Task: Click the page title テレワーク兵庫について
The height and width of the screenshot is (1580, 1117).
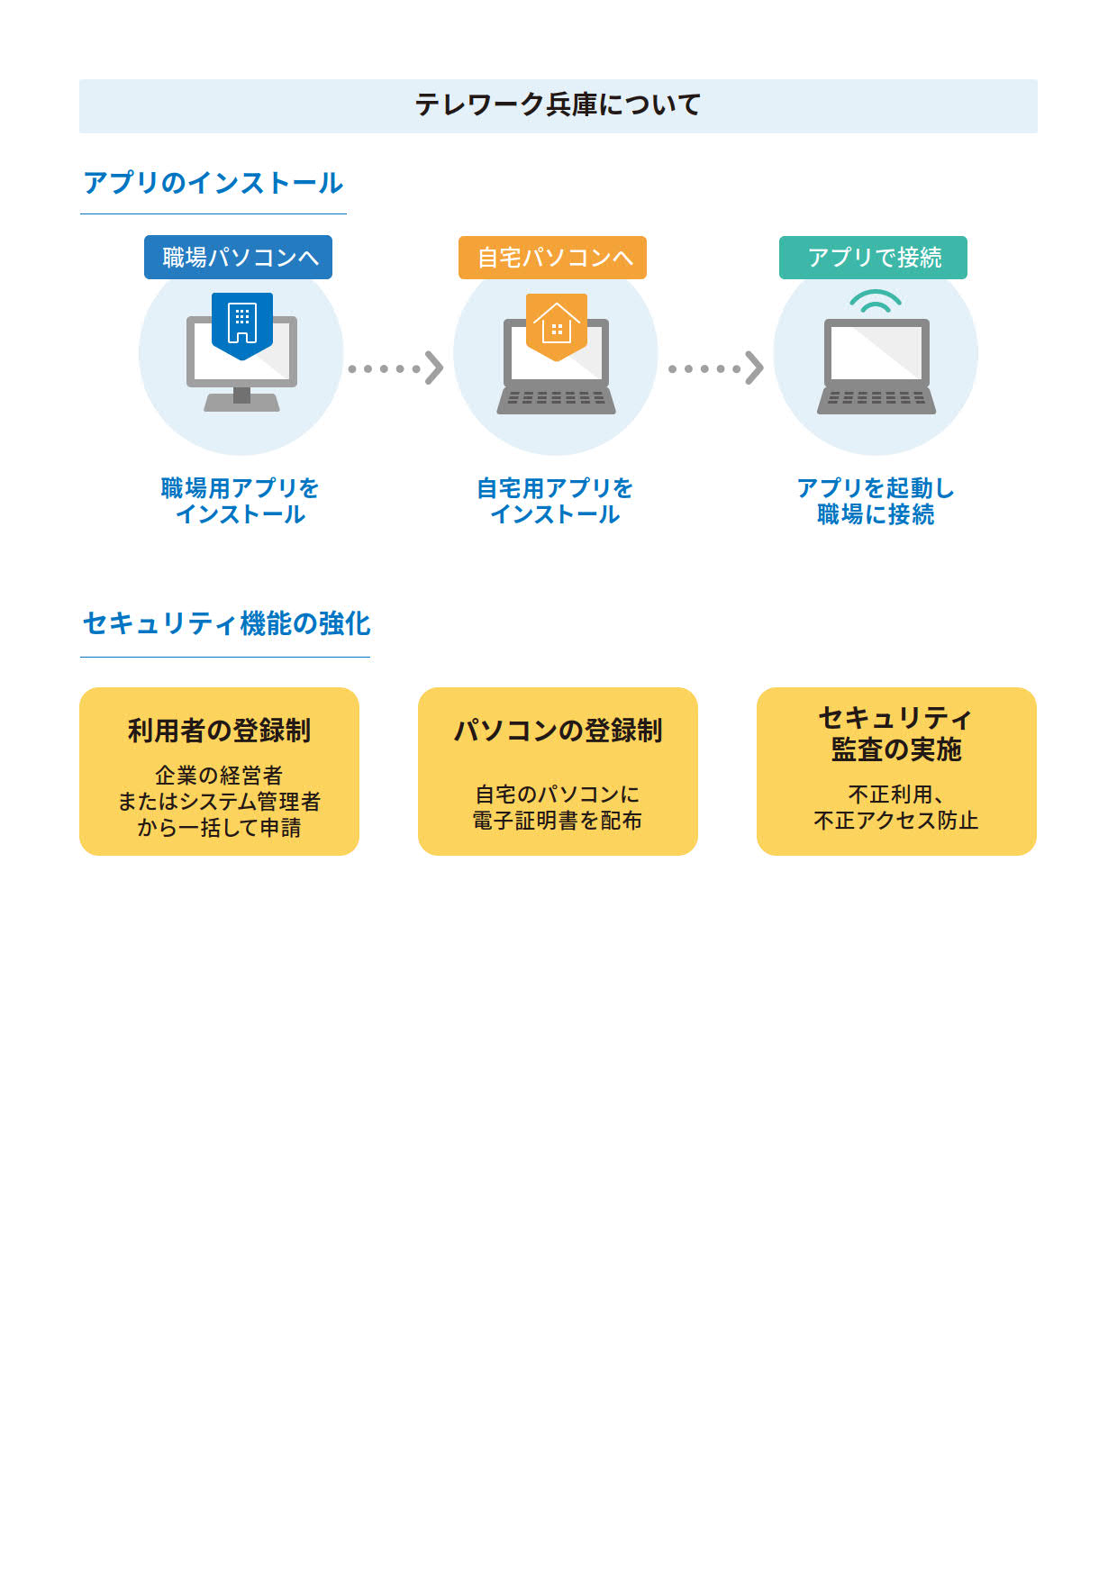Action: (558, 105)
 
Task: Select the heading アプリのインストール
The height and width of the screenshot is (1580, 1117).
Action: (213, 183)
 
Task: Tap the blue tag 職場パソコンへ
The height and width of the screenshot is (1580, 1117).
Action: (239, 258)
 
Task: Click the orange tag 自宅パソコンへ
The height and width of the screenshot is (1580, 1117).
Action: (553, 258)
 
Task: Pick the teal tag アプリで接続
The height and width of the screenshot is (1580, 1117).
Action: (873, 258)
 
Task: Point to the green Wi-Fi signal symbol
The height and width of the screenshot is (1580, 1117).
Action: (876, 302)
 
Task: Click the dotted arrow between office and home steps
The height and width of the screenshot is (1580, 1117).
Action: (395, 368)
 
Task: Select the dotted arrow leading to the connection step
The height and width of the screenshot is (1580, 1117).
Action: (715, 368)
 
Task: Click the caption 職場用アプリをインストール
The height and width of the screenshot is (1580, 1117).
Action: (240, 501)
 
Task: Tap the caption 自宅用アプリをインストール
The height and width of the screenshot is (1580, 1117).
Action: (555, 501)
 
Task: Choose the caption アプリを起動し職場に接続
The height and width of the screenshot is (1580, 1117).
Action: (876, 501)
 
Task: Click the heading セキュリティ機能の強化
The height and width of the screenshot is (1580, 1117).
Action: (226, 623)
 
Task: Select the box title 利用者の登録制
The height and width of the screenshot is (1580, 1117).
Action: (219, 731)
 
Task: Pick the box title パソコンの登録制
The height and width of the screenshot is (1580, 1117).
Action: (558, 731)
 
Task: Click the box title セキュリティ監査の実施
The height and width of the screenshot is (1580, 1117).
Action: (896, 733)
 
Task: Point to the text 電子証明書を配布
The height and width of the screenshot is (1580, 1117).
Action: (558, 821)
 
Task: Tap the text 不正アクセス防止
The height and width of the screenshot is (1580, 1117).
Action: (896, 821)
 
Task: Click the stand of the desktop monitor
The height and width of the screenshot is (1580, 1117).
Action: (241, 397)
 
